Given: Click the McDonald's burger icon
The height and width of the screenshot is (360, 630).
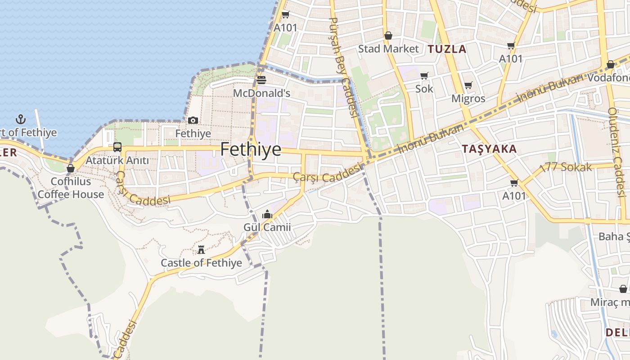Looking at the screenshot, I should tap(261, 80).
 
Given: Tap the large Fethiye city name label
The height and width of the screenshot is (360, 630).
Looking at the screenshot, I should tap(251, 149).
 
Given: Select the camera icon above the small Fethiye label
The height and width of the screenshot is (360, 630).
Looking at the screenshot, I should tap(193, 120).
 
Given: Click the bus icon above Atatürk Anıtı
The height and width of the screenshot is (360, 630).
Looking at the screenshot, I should tap(117, 147).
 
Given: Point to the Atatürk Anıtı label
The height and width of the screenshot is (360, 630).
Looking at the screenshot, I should tap(117, 160).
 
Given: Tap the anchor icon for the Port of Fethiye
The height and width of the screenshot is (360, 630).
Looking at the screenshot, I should tap(20, 119).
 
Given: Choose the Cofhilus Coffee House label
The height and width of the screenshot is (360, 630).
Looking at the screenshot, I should tap(71, 188).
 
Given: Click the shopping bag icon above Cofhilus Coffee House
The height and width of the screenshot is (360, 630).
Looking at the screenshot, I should tap(71, 168).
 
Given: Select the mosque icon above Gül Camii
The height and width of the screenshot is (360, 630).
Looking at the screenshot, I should tap(267, 214).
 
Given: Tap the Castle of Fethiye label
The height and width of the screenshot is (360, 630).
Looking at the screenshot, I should tap(201, 263).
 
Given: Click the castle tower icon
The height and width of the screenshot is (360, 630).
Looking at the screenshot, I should tap(201, 249).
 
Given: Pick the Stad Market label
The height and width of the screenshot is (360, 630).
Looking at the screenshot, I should tap(388, 49).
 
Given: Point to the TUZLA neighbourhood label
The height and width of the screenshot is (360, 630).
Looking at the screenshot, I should tap(447, 49).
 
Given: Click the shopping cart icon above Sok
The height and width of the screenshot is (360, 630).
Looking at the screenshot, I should tap(424, 76).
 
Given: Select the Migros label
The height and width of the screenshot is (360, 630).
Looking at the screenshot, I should tap(468, 99).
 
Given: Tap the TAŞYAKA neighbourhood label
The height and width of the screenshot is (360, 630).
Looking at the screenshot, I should tap(489, 149).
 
